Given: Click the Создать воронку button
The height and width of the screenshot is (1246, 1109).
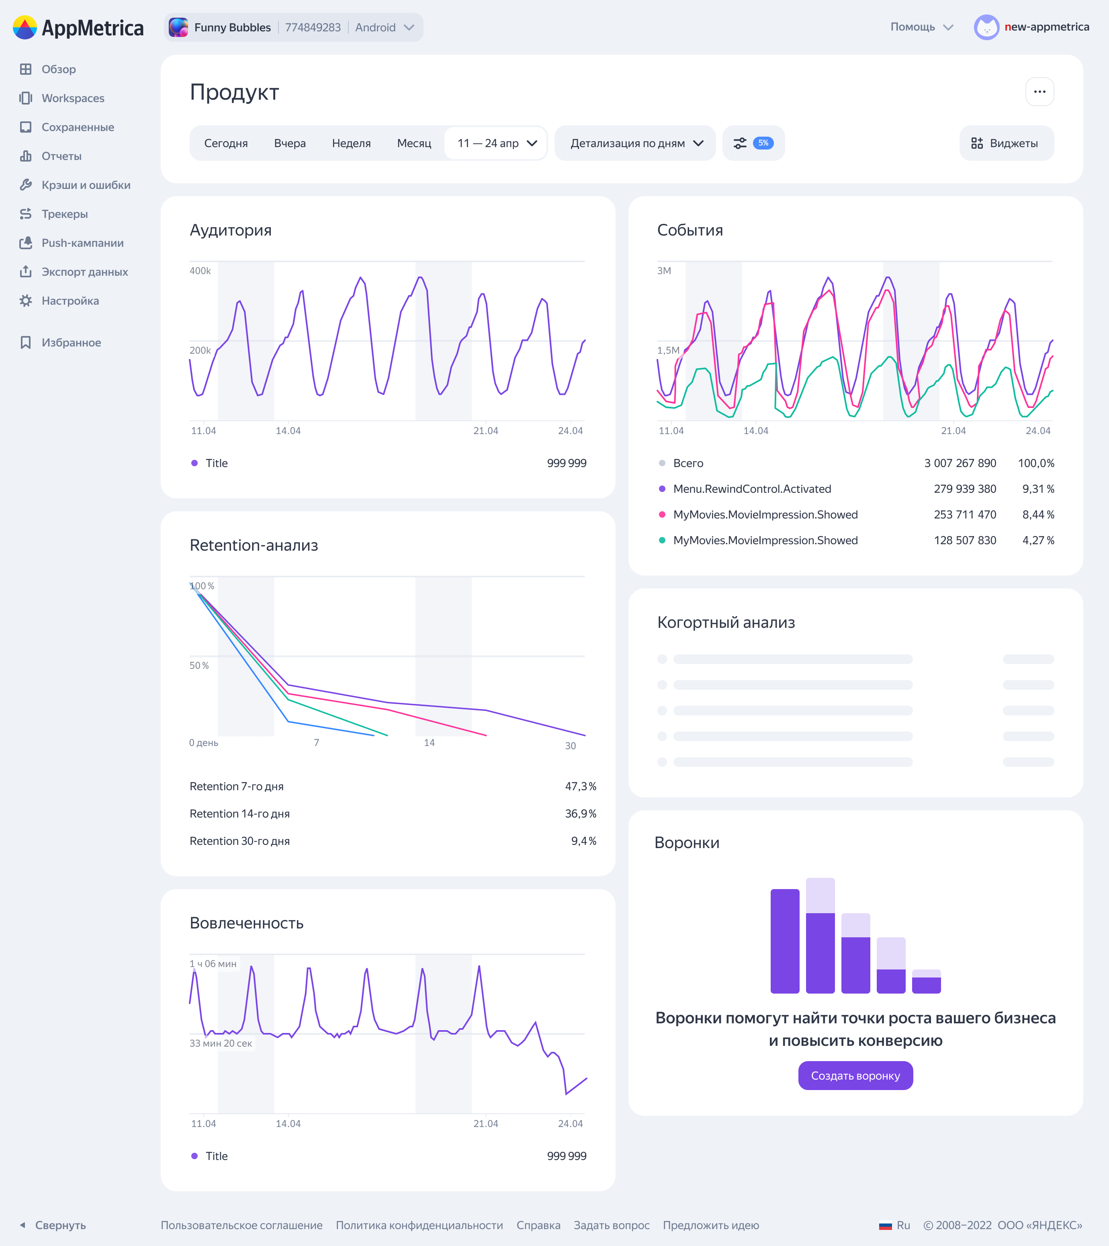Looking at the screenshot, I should tap(855, 1076).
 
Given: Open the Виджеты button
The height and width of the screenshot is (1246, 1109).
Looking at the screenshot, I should tap(1006, 143).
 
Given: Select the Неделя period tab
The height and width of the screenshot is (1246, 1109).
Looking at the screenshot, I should tap(351, 143).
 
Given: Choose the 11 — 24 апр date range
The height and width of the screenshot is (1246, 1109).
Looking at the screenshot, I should tap(496, 143).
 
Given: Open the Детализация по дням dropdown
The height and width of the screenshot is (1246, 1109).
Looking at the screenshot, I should tap(635, 143).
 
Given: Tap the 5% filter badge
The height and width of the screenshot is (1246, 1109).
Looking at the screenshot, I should tap(763, 143).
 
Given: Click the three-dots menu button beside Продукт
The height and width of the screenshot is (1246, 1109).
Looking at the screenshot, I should tap(1039, 92).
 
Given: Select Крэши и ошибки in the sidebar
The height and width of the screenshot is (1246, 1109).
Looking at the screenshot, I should tap(86, 185).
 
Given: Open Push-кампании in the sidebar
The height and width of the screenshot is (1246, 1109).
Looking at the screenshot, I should tap(82, 243).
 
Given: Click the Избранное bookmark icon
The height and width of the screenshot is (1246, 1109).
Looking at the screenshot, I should tap(26, 342).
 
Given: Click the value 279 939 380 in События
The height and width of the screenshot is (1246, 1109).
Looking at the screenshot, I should tap(965, 489).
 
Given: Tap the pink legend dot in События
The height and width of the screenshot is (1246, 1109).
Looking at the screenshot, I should tap(662, 514).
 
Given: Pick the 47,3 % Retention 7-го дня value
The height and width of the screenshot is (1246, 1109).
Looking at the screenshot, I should tap(580, 786).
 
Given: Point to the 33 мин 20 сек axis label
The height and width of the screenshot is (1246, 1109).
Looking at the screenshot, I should tap(221, 1043).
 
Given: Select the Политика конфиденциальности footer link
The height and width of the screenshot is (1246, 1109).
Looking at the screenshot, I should tap(419, 1225).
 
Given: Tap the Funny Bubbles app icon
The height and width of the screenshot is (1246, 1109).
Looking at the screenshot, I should tap(178, 27).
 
